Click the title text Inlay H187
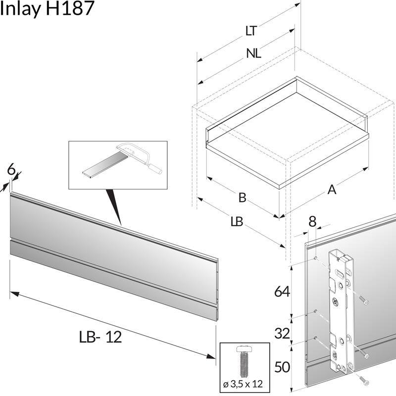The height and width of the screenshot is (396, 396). [47, 8]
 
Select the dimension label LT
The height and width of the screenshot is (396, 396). [251, 31]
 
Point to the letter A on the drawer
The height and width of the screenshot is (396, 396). [332, 189]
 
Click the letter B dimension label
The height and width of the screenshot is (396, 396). [242, 198]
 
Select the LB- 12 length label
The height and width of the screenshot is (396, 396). [100, 337]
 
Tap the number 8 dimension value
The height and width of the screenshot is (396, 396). [312, 222]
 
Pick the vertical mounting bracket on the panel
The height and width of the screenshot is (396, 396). [342, 312]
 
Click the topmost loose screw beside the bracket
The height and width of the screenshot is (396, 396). [364, 300]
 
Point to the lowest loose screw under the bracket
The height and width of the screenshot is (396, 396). [363, 381]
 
